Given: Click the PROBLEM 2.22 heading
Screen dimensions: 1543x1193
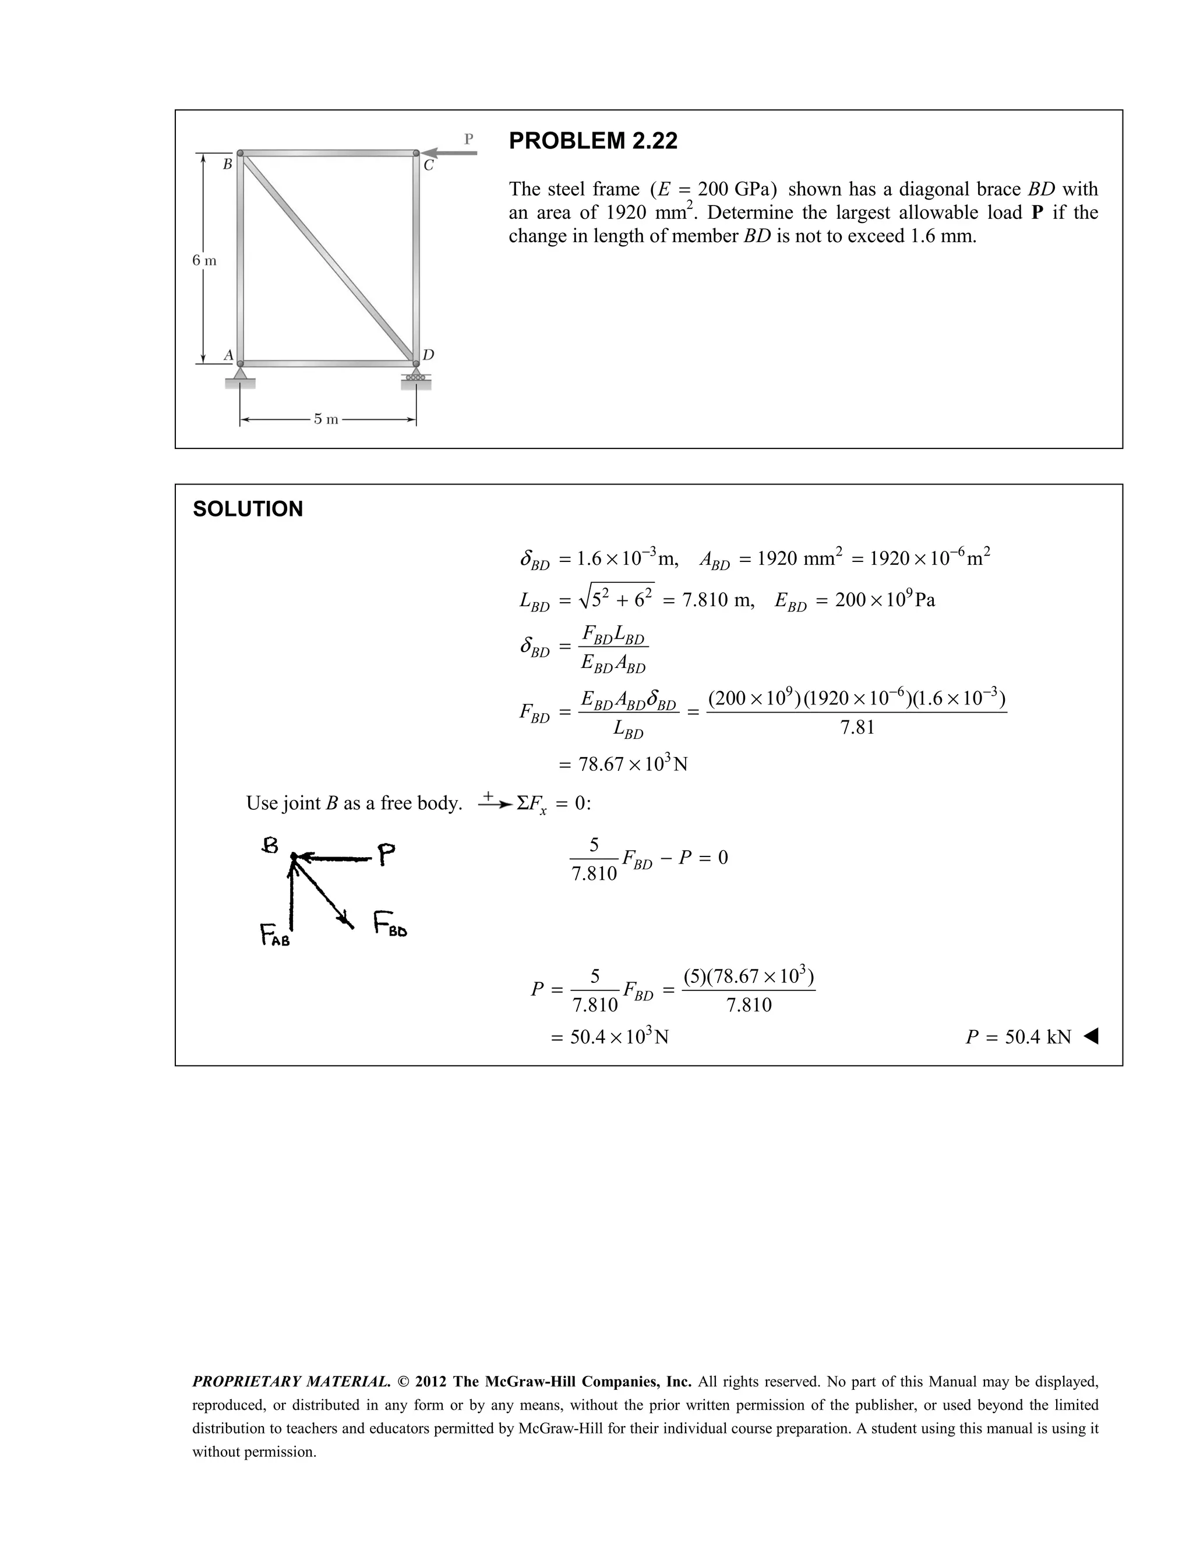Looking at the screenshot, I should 592,140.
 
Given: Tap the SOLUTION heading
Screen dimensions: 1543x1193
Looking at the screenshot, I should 248,509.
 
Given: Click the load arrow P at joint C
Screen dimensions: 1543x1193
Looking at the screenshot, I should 452,153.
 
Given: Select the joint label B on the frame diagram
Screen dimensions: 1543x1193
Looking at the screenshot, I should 227,165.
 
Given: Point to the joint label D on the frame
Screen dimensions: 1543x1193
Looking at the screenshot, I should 428,354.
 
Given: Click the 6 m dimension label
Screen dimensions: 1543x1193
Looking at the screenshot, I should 204,260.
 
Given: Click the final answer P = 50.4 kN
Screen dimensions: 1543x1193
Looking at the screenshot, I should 1018,1036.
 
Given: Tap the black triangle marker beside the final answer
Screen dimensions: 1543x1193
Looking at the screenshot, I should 1090,1036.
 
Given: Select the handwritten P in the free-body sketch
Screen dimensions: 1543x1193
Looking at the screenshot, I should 385,855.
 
